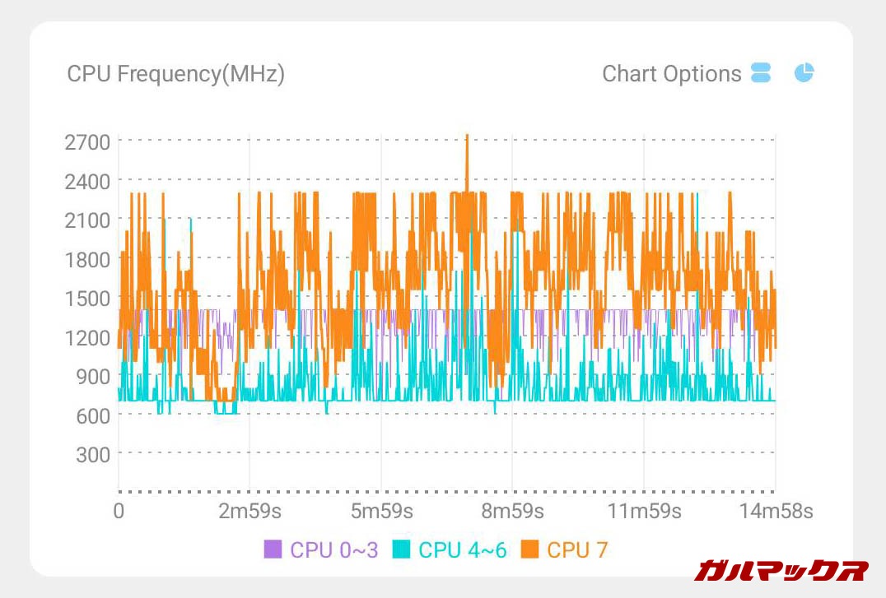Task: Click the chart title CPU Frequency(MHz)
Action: [x=175, y=74]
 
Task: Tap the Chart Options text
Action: [x=671, y=74]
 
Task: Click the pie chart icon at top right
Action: [x=804, y=72]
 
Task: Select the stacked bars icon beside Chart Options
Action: [x=761, y=72]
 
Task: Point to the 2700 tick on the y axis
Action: [x=87, y=141]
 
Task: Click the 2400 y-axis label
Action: [x=87, y=180]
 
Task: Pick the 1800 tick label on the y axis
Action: [x=87, y=259]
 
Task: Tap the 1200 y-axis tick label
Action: [x=87, y=337]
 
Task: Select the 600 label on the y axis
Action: [x=93, y=415]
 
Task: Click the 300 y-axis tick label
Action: [x=93, y=454]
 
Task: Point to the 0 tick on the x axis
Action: [x=119, y=512]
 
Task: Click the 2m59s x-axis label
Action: [x=249, y=512]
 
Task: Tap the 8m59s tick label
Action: [x=512, y=512]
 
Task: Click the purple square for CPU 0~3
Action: [x=273, y=549]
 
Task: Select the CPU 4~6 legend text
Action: [x=462, y=549]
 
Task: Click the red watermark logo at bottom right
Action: [x=781, y=570]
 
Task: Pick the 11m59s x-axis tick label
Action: [x=644, y=512]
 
